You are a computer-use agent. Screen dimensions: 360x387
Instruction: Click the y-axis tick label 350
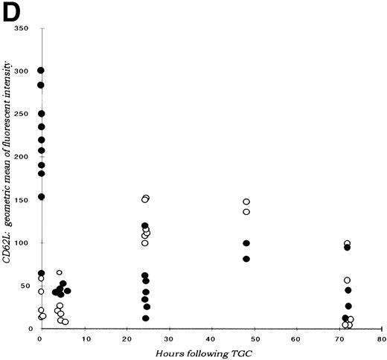28,28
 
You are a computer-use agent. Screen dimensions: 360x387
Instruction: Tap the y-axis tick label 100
28,243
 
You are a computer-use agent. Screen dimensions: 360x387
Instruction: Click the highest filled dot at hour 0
41,71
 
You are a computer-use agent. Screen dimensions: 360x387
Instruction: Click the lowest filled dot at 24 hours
146,318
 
